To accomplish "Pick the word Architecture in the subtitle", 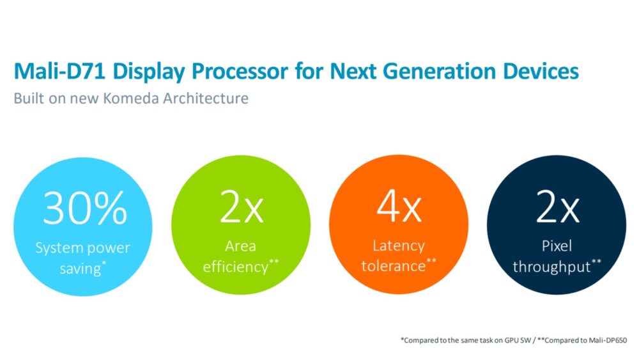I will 213,99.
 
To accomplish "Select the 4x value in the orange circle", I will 399,206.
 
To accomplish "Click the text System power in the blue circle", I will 83,247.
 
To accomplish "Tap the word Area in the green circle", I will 241,246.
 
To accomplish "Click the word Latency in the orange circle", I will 397,246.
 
